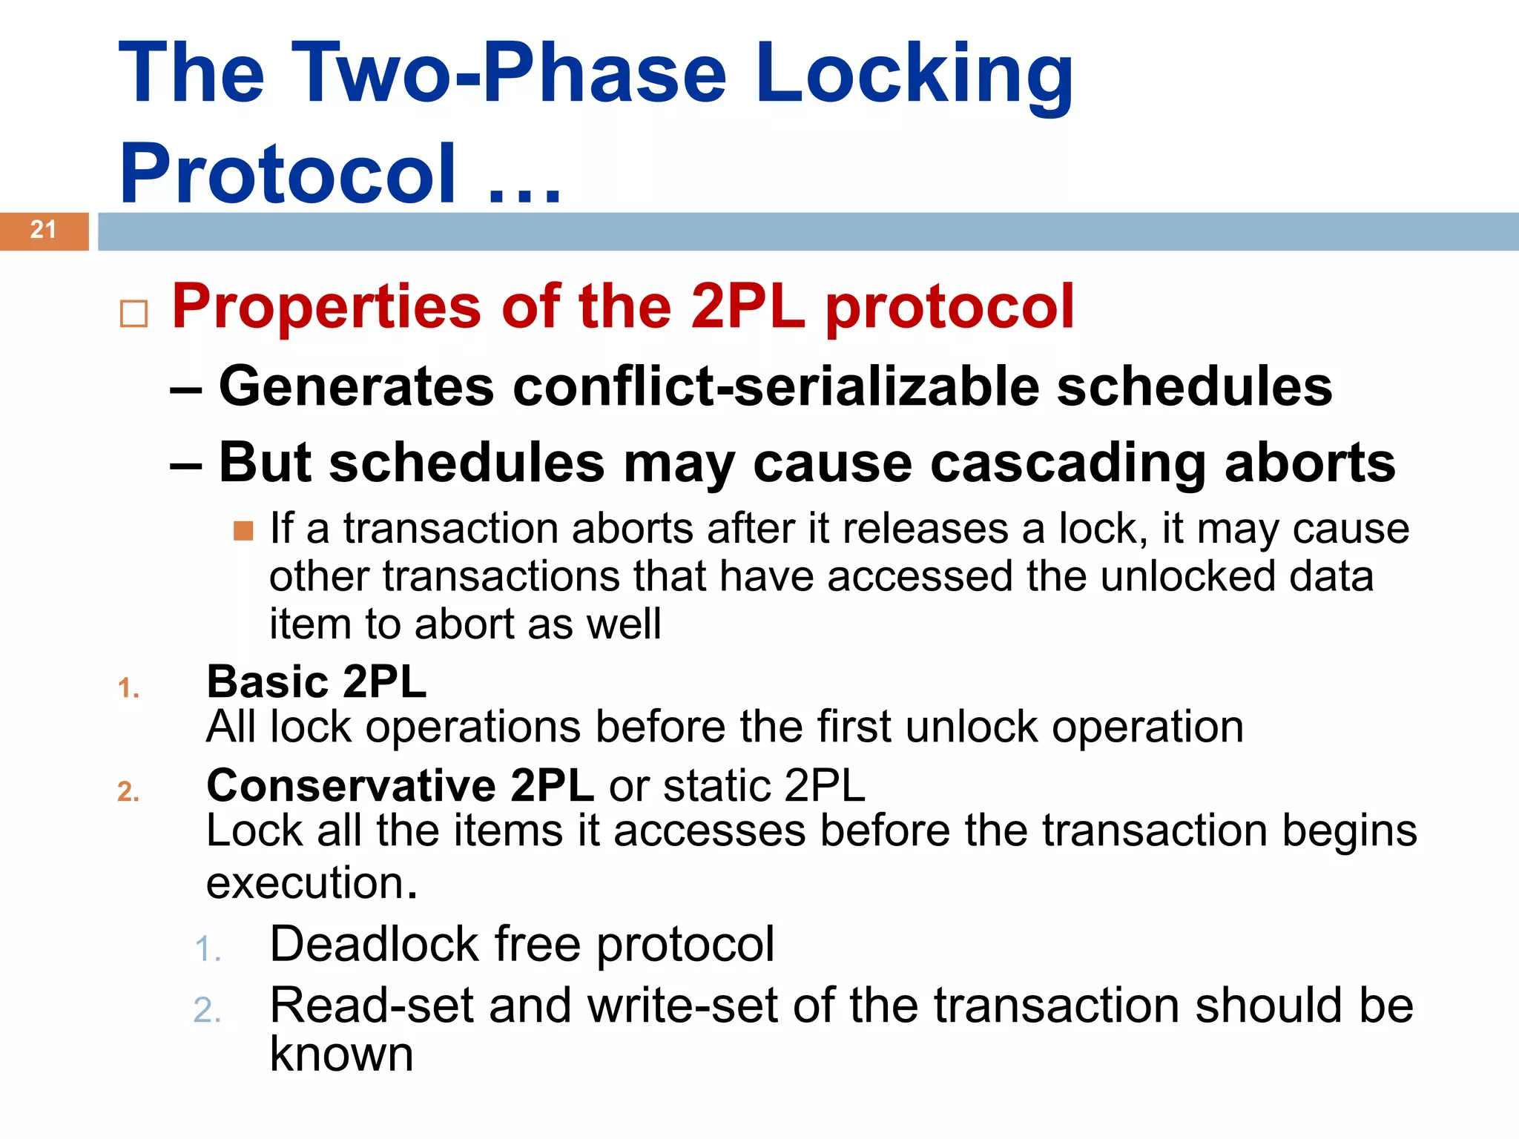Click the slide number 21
(43, 230)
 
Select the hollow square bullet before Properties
(134, 314)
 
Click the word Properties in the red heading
(327, 306)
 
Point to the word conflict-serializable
(776, 386)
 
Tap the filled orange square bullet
(243, 531)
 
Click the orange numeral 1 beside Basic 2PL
(128, 688)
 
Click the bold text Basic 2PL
(316, 681)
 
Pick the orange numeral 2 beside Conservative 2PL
(128, 792)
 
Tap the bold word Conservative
(351, 785)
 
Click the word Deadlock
(375, 944)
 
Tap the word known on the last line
(341, 1054)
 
